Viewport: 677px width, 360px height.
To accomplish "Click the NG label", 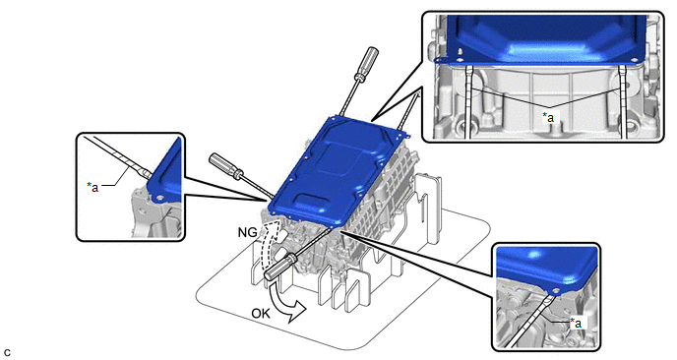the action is click(247, 232).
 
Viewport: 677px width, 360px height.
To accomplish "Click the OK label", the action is click(261, 313).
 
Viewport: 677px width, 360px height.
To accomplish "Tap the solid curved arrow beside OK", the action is click(285, 302).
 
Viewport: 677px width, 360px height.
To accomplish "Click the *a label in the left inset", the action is click(92, 187).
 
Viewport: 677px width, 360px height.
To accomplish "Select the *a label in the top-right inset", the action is click(548, 116).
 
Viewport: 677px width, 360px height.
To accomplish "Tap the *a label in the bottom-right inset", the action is click(577, 322).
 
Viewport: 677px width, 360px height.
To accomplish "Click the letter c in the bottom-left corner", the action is click(7, 353).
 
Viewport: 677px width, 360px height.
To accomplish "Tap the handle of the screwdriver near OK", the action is click(278, 268).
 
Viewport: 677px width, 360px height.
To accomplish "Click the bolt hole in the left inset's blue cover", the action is click(160, 199).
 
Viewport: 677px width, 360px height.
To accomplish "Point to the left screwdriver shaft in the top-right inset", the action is click(469, 102).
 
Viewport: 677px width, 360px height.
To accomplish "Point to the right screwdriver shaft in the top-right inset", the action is click(623, 102).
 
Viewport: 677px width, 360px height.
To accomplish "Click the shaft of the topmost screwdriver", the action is click(348, 98).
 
